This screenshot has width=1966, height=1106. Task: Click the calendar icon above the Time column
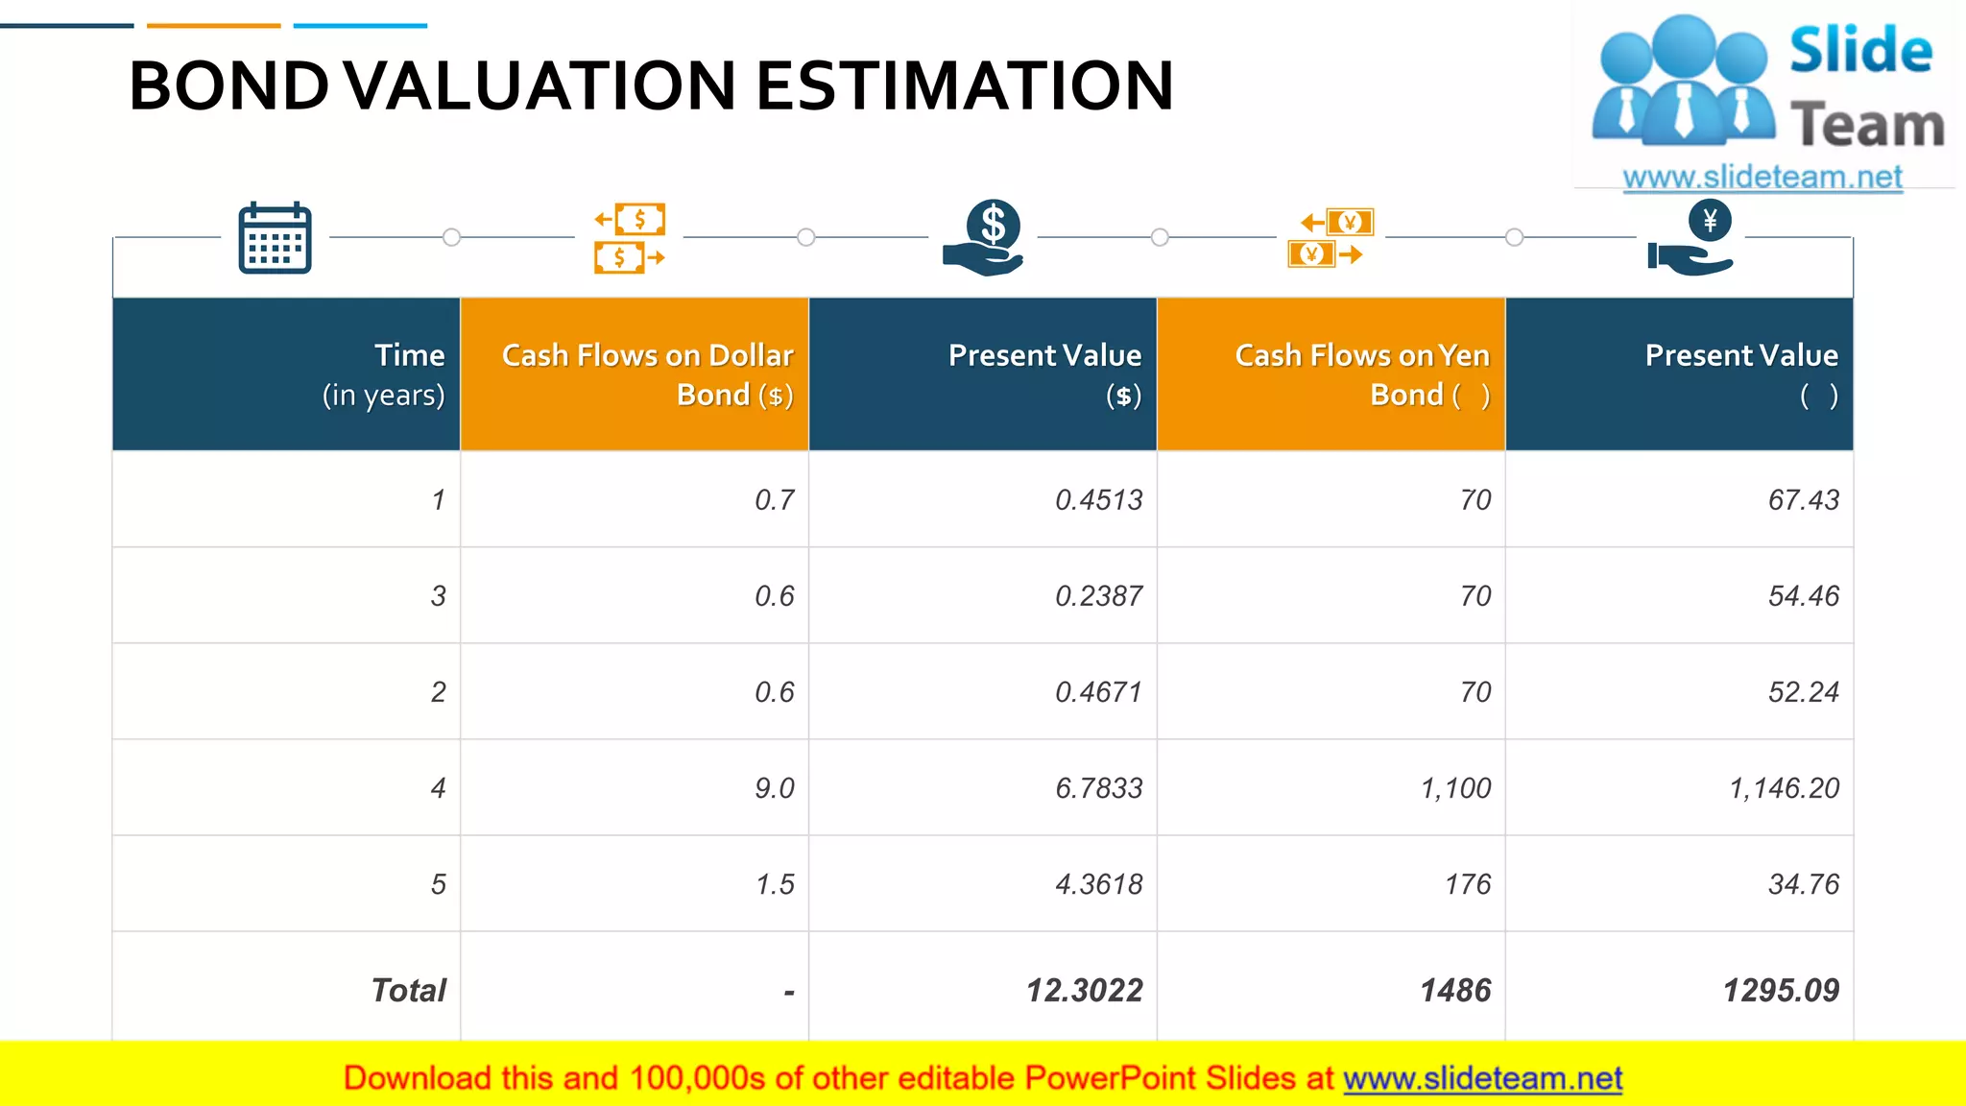coord(275,238)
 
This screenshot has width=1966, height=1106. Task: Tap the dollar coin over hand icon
coord(985,237)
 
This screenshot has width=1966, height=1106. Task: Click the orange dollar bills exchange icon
coord(630,238)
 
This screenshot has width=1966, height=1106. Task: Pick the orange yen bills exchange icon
coord(1331,238)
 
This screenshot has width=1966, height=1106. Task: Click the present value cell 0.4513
coord(1098,500)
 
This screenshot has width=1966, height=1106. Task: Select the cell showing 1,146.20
coord(1784,788)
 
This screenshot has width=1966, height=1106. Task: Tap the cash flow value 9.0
coord(774,788)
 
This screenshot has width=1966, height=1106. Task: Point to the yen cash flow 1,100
coord(1455,788)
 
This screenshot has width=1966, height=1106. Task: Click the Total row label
coord(408,990)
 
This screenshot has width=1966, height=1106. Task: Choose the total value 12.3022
coord(1084,990)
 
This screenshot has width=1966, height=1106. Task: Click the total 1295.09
coord(1781,990)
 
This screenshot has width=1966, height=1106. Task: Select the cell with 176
coord(1468,884)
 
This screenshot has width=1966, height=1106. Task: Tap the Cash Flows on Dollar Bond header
coord(647,374)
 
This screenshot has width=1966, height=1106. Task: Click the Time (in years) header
coord(384,374)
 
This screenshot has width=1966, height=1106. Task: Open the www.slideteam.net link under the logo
coord(1762,177)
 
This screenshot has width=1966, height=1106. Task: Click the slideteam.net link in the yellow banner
coord(1482,1078)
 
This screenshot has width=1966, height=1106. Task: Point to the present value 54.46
coord(1803,596)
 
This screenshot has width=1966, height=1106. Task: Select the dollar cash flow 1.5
coord(775,884)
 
